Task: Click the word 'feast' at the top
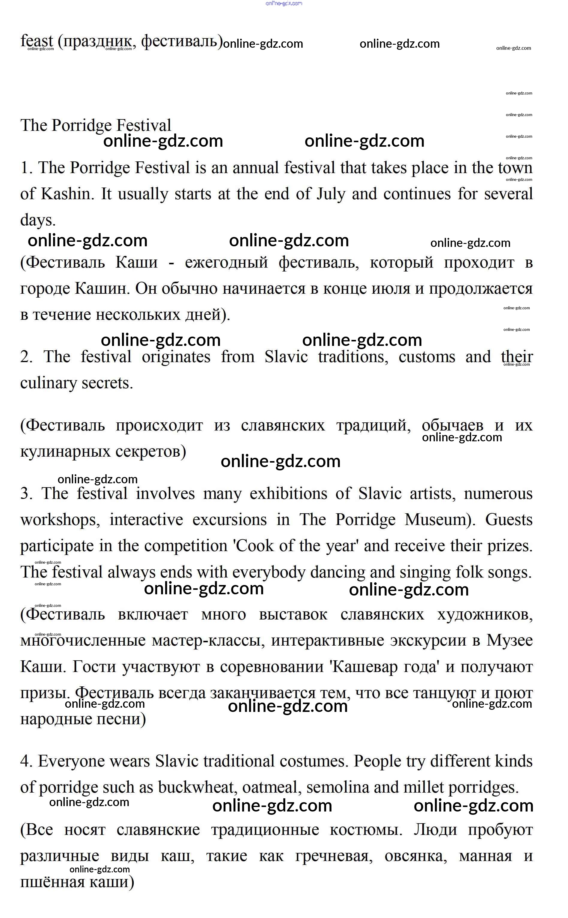click(37, 40)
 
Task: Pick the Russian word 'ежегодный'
click(226, 262)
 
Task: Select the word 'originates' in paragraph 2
click(176, 357)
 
